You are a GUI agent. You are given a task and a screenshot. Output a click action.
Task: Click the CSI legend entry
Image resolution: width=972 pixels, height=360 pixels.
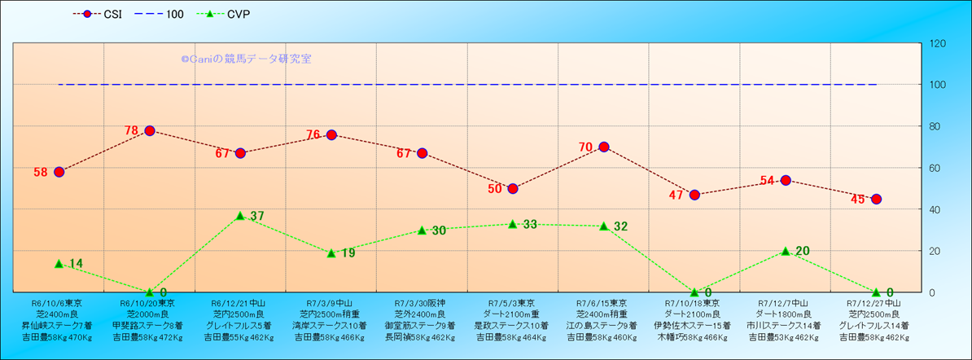[97, 14]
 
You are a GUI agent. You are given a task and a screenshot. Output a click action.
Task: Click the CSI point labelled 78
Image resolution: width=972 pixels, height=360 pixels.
[150, 130]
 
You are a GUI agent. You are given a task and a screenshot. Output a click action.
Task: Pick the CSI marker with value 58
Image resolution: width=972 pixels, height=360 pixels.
[59, 172]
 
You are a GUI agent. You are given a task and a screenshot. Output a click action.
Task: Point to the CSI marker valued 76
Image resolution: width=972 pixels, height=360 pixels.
[331, 134]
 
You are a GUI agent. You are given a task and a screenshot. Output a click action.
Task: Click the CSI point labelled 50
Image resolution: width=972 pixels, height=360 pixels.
[513, 188]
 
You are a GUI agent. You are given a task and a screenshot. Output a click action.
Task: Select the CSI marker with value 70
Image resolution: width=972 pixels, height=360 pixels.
[604, 147]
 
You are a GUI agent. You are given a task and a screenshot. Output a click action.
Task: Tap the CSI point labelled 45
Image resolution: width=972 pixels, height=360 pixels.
[876, 199]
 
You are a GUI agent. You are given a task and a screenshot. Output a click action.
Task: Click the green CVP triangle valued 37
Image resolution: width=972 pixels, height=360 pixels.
[240, 216]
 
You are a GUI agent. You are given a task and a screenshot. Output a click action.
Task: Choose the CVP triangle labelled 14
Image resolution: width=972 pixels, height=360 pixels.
[59, 263]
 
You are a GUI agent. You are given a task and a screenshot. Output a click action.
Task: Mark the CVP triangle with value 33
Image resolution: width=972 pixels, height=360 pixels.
[513, 224]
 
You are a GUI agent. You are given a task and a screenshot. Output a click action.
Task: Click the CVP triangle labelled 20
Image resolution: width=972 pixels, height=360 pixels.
[786, 251]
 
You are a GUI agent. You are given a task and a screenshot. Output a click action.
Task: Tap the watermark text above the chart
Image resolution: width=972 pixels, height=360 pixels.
[246, 59]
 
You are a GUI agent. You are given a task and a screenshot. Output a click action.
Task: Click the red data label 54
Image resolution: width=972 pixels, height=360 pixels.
[767, 180]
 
